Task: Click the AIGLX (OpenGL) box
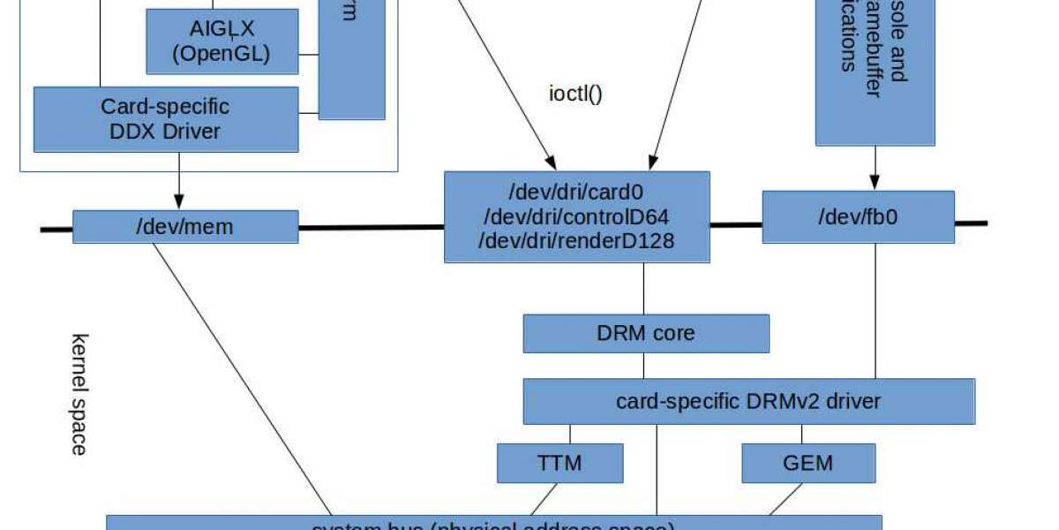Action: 222,41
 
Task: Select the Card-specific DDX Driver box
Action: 165,118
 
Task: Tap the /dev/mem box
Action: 184,226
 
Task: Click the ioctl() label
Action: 575,92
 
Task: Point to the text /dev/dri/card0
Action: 576,193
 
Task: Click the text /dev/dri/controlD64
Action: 576,216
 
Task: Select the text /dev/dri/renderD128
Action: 576,240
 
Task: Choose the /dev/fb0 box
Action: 858,216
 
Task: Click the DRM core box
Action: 646,333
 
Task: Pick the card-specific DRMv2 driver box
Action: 748,401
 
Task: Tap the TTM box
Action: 560,462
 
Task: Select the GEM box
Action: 808,462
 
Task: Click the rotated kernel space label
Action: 79,393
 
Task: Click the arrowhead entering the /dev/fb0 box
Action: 875,184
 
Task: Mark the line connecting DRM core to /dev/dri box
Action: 643,288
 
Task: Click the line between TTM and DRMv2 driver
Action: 570,434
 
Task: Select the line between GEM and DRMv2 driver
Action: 801,434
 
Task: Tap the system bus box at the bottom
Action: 494,524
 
